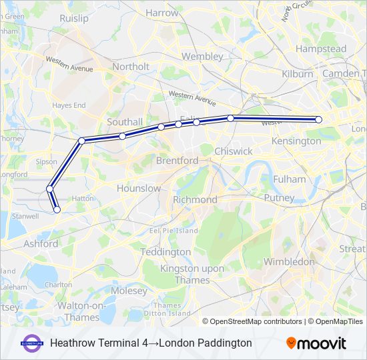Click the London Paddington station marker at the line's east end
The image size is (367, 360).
(318, 119)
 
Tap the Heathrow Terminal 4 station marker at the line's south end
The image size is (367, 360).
(57, 209)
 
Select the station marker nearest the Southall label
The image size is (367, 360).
(123, 136)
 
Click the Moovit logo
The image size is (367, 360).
(316, 343)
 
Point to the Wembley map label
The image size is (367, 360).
(202, 57)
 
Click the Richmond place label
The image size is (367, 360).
(195, 199)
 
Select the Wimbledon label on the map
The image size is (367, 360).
(289, 262)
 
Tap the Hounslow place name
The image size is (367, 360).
(139, 189)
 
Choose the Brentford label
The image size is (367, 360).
(177, 161)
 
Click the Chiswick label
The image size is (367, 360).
(234, 151)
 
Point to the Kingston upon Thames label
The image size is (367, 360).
(192, 273)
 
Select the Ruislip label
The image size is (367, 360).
(73, 19)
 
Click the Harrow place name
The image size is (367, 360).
(162, 13)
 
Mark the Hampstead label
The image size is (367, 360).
(321, 49)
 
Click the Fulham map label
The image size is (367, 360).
(290, 179)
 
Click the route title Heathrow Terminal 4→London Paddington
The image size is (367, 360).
(151, 343)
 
